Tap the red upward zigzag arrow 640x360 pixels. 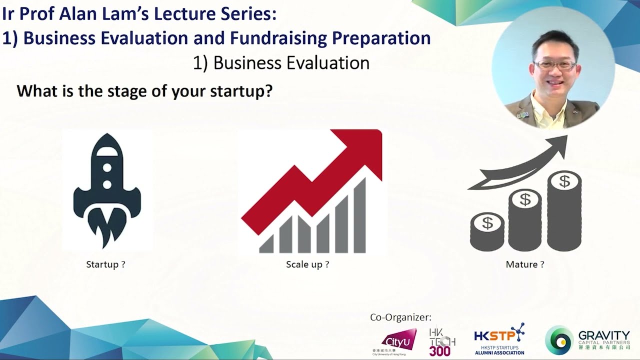tap(320, 180)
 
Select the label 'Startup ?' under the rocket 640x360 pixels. tap(105, 264)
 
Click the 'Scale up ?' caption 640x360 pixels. tap(307, 264)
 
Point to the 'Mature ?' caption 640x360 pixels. tap(525, 264)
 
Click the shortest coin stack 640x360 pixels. tap(487, 232)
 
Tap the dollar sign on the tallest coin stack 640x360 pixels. tap(564, 181)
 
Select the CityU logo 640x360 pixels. tap(398, 341)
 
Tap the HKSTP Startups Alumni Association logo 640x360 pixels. tap(499, 339)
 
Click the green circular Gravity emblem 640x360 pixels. tap(559, 340)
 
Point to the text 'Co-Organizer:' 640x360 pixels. tap(400, 317)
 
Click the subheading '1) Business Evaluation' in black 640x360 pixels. tap(281, 63)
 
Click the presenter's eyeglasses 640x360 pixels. tap(554, 65)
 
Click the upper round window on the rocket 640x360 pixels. tap(107, 166)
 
